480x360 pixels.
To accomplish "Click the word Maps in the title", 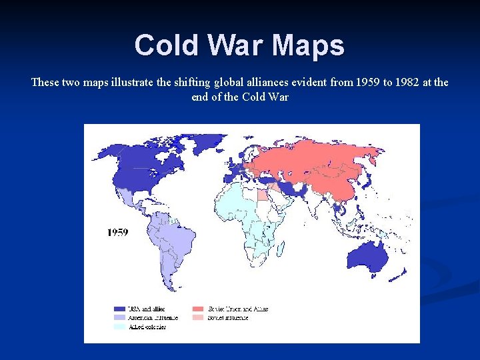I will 308,46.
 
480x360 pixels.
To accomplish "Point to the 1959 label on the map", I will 118,232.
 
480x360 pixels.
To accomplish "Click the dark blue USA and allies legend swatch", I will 119,309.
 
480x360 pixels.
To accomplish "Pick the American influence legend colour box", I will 119,317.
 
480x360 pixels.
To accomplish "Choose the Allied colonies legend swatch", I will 119,327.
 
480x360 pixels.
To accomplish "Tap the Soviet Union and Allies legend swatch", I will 198,309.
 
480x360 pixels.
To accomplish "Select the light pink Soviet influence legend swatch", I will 198,317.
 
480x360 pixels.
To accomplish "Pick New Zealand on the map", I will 400,273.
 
